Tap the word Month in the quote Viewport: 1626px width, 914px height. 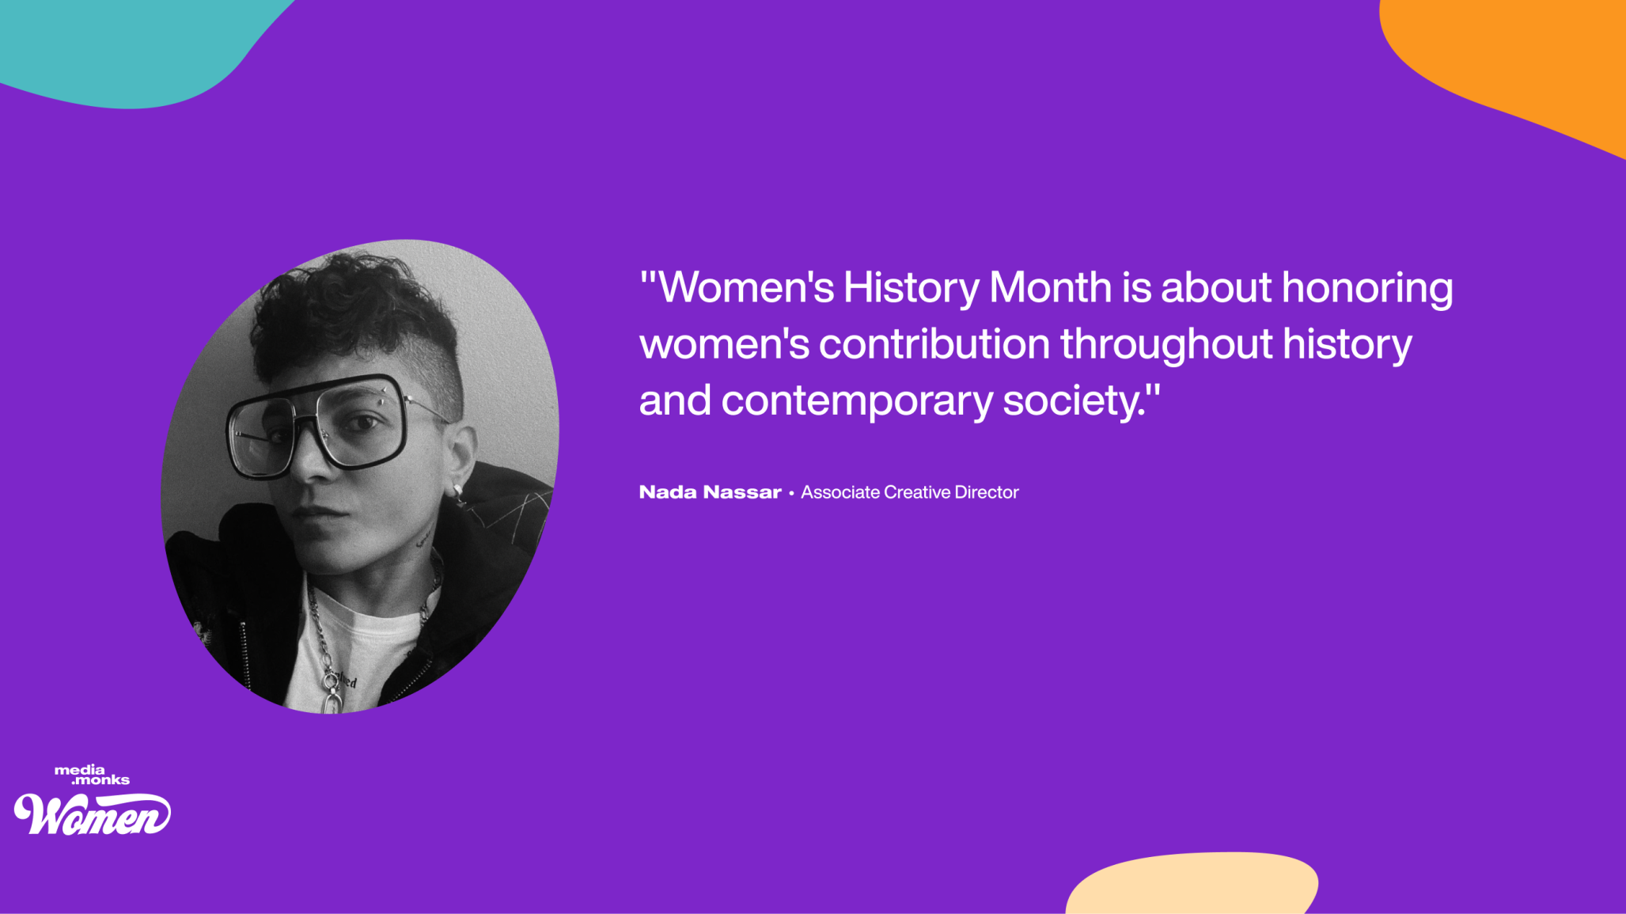1050,286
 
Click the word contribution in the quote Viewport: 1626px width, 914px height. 934,344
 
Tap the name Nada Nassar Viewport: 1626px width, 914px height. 710,492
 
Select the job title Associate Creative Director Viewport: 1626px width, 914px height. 909,492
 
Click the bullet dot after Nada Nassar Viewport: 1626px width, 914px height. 790,493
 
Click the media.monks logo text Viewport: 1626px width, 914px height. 92,775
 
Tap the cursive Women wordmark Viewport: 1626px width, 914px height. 93,813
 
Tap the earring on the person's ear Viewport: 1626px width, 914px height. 457,493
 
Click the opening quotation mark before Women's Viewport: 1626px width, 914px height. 649,279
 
